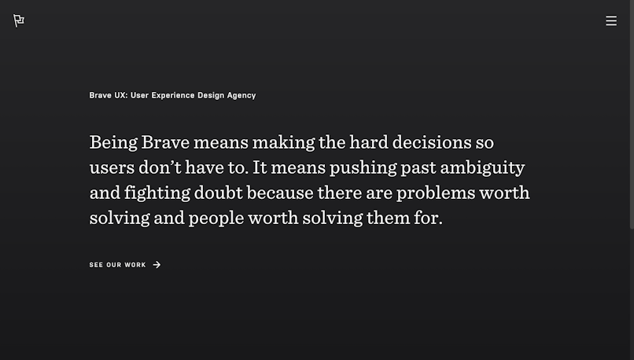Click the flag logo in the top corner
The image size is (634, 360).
19,20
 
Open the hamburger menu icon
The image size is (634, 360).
611,20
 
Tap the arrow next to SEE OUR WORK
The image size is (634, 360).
157,265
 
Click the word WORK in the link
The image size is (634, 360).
135,265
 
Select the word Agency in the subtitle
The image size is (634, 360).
241,96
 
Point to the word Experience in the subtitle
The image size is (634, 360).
173,95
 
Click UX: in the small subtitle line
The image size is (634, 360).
121,95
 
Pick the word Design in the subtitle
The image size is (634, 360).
211,96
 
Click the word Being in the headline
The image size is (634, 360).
113,142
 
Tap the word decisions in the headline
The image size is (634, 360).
432,142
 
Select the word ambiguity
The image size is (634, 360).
482,168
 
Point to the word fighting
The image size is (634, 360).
157,193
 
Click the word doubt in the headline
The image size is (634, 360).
219,193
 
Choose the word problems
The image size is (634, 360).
436,193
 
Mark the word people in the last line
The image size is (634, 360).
216,219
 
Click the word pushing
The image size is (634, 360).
363,168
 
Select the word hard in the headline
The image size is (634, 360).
369,142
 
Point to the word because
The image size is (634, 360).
280,193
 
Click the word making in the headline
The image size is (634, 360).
283,142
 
